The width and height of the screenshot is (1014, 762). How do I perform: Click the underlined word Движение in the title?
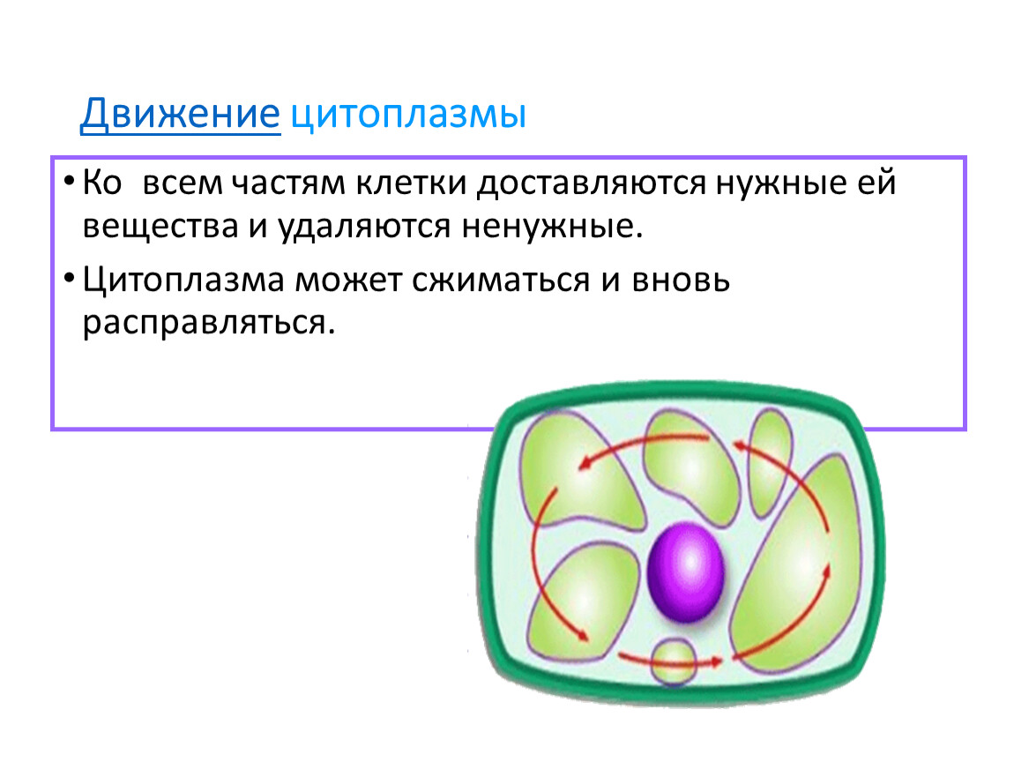[x=181, y=115]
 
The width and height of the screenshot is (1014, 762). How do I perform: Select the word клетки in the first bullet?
[x=411, y=183]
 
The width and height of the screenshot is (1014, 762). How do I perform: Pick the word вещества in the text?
[x=160, y=227]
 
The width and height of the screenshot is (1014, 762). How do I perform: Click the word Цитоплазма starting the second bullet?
[x=183, y=281]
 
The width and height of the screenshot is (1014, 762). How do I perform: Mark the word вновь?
[x=681, y=281]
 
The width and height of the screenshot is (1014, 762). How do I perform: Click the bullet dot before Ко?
[x=69, y=181]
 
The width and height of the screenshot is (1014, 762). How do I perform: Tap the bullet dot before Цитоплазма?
[x=69, y=278]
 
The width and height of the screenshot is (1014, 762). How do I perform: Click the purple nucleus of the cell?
[x=686, y=572]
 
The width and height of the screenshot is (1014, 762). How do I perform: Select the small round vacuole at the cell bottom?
[x=674, y=661]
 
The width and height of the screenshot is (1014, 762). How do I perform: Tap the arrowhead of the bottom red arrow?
[x=714, y=661]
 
